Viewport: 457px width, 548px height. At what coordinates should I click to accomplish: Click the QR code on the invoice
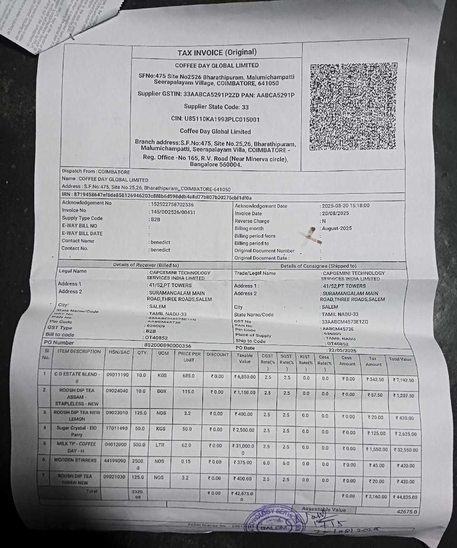tap(353, 106)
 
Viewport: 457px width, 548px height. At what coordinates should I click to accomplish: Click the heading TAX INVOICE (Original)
tap(217, 52)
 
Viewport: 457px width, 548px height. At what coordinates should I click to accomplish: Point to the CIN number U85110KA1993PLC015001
tap(215, 119)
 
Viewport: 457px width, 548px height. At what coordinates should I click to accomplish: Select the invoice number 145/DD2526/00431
tap(173, 212)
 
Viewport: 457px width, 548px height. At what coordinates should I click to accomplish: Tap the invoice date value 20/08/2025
tap(336, 214)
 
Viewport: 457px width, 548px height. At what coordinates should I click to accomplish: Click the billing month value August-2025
tap(337, 228)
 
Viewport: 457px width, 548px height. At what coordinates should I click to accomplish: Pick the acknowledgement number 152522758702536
tap(172, 205)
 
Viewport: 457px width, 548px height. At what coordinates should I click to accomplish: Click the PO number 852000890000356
tap(168, 345)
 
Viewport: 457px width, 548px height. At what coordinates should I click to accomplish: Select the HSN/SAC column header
tap(119, 352)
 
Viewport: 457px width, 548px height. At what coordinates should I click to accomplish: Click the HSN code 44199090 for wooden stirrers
tap(115, 460)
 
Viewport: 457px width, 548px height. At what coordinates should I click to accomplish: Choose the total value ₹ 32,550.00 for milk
tap(406, 450)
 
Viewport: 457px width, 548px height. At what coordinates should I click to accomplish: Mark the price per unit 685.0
tap(188, 375)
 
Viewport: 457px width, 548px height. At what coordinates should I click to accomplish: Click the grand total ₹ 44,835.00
tap(405, 497)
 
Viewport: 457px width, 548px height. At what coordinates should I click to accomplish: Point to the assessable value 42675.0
tap(407, 512)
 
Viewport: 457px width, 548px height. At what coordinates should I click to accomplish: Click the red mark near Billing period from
tap(314, 235)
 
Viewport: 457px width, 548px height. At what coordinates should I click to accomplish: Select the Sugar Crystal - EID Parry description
tap(77, 431)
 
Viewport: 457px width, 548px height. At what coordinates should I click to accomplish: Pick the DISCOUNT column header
tap(217, 354)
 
